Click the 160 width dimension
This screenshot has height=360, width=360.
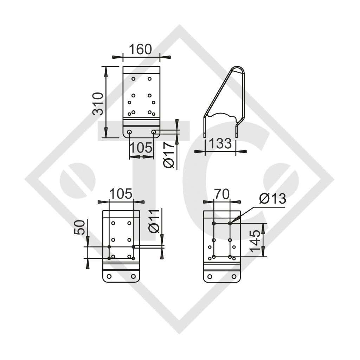pyautogui.click(x=141, y=49)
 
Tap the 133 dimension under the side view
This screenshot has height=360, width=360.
pyautogui.click(x=220, y=144)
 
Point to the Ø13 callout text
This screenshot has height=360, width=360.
pyautogui.click(x=272, y=199)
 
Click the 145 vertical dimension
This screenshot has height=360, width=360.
pyautogui.click(x=257, y=240)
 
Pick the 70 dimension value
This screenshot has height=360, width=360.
pyautogui.click(x=221, y=194)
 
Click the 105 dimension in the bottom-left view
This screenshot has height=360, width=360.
pyautogui.click(x=121, y=194)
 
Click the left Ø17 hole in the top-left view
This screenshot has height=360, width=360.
pyautogui.click(x=129, y=132)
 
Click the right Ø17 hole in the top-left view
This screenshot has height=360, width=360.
pyautogui.click(x=154, y=132)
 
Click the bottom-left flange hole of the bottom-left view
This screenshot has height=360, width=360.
pyautogui.click(x=109, y=276)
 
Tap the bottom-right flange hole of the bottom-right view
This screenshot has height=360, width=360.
pyautogui.click(x=234, y=276)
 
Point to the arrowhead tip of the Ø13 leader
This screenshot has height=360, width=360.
pyautogui.click(x=231, y=223)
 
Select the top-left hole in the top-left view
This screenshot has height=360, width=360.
pyautogui.click(x=133, y=79)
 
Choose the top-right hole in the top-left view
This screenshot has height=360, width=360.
pyautogui.click(x=150, y=79)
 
